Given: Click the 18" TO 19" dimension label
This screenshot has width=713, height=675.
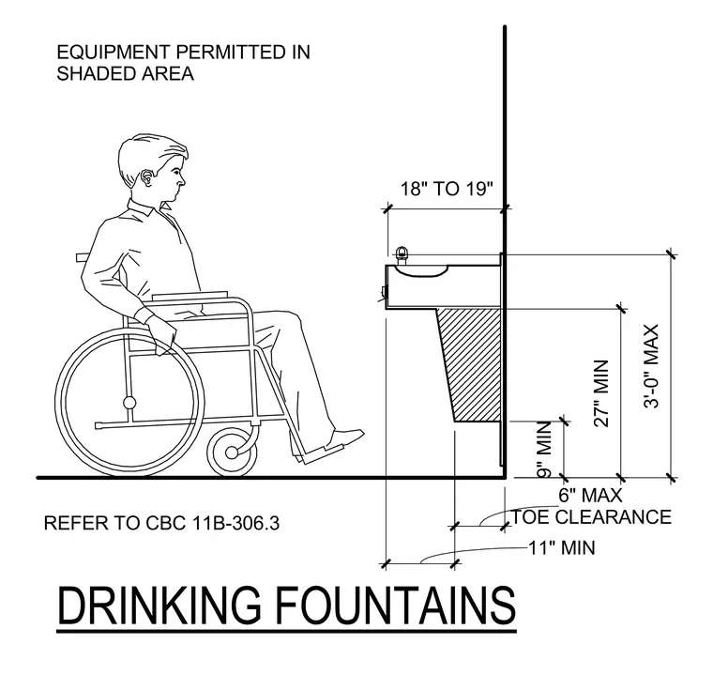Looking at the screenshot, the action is [x=447, y=189].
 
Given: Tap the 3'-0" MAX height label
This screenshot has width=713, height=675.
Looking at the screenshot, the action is [x=652, y=366].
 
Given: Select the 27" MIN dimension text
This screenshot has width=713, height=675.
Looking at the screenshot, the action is [x=601, y=393].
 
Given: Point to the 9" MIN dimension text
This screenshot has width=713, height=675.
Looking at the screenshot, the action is [x=544, y=450].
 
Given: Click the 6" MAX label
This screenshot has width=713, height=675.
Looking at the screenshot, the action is [x=590, y=495].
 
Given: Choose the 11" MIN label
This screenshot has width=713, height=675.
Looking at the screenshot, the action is [x=562, y=547].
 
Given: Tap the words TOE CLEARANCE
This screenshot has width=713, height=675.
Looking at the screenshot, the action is [x=592, y=517].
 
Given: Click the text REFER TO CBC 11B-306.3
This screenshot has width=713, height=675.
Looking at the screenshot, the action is [x=162, y=524].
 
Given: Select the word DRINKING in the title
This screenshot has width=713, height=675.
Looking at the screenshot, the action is [x=159, y=606].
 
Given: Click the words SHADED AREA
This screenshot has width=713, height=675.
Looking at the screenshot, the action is [x=126, y=74].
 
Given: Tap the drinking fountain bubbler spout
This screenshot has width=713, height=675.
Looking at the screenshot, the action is [x=402, y=255].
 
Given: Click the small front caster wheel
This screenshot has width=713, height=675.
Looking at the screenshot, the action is [x=232, y=452].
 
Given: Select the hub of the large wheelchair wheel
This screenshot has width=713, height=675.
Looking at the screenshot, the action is [x=129, y=403].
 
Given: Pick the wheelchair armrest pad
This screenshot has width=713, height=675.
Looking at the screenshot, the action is [x=190, y=295].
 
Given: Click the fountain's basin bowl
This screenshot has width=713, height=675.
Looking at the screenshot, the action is [x=421, y=270].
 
